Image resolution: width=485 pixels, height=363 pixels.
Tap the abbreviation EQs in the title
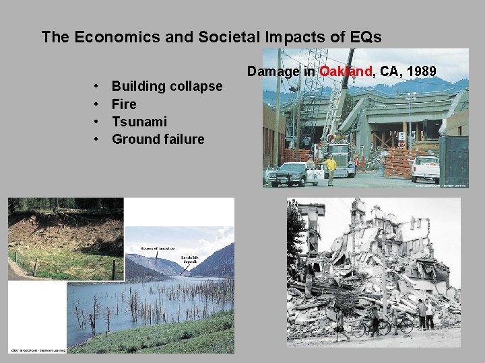[365, 37]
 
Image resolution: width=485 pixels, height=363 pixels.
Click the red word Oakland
[346, 71]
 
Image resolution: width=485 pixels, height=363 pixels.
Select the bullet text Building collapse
[166, 86]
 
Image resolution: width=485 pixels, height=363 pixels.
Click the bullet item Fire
[124, 104]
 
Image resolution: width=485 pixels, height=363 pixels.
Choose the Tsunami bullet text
[139, 121]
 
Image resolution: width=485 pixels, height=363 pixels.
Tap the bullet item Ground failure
[158, 139]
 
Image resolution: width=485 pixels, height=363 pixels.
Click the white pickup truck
[426, 169]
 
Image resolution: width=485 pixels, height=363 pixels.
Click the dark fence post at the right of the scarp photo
[114, 270]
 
